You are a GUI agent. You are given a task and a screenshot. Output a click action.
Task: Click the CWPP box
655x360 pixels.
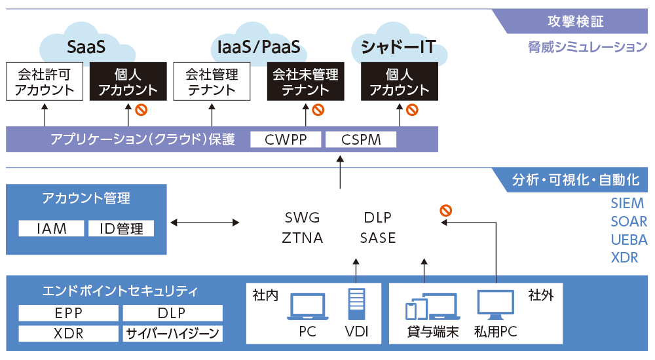coord(286,139)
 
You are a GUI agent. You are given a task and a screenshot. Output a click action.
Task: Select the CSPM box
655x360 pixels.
coord(361,139)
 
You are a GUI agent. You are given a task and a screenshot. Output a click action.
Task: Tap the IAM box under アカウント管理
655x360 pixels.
coord(52,228)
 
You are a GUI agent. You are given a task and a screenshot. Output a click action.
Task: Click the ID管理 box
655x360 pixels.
coord(121,228)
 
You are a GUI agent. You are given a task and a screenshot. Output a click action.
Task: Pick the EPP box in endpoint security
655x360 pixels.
coord(68,313)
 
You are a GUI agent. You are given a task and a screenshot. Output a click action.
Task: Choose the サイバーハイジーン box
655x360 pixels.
coord(172,333)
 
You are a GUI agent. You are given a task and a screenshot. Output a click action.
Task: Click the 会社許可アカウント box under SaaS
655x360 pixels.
coord(45,82)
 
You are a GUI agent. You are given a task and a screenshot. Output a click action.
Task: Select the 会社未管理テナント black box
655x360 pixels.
coord(305,82)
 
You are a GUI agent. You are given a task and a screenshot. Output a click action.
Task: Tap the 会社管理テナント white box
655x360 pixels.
coord(212,82)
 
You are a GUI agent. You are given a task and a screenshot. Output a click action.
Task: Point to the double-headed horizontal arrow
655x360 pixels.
coord(204,223)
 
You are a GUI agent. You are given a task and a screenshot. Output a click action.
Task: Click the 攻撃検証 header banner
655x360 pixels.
coord(574,21)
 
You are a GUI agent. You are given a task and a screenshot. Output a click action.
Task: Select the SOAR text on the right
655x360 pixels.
coord(628,222)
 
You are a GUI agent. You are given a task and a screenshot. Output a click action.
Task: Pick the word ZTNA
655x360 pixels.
coord(303,238)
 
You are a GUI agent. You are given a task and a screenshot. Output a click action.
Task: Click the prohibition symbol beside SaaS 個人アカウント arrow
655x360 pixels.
coord(140,109)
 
